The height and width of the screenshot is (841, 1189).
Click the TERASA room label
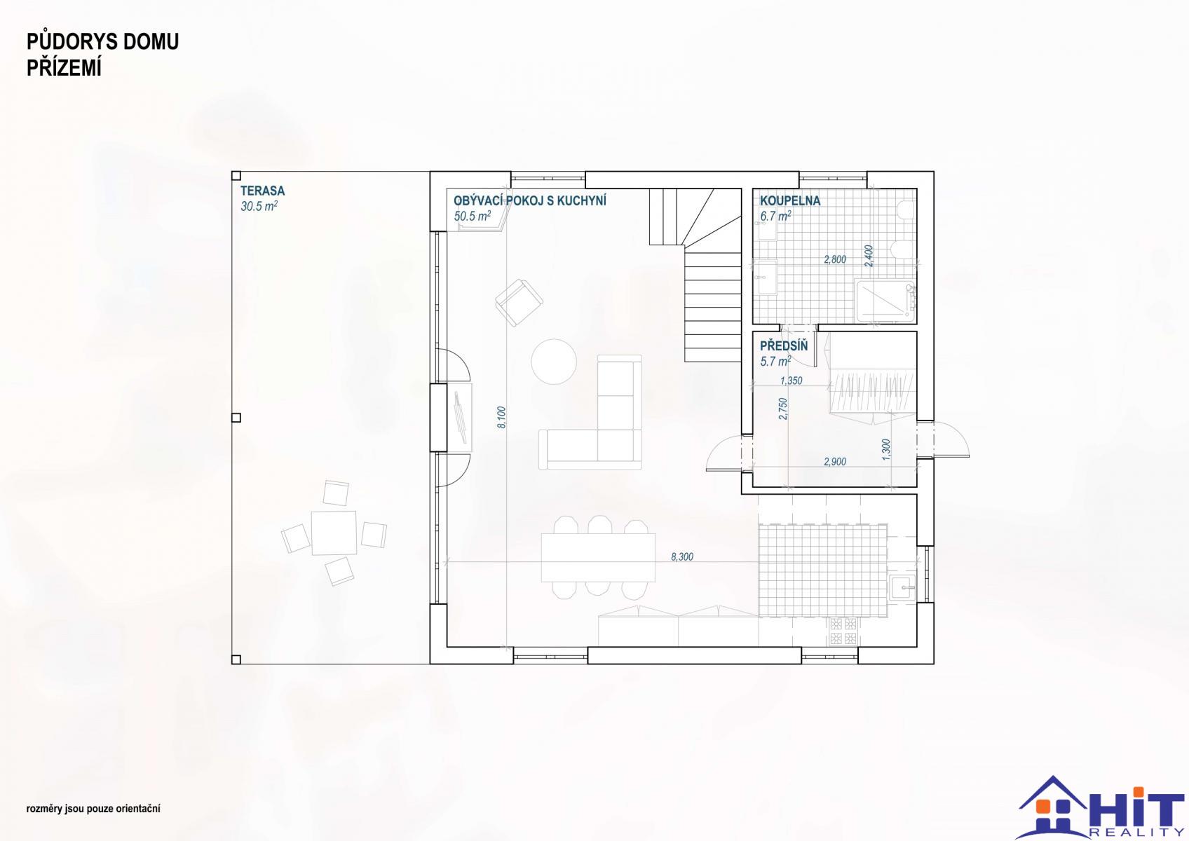262,191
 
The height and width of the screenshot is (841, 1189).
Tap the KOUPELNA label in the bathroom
790,200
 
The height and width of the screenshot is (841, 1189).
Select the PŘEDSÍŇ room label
784,346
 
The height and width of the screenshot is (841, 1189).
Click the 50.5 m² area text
472,216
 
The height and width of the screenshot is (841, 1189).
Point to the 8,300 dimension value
682,556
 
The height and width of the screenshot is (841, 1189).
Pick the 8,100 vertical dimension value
502,417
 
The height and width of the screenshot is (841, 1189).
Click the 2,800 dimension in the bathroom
835,259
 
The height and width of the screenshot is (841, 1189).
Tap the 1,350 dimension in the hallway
791,381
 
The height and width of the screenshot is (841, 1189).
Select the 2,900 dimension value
835,462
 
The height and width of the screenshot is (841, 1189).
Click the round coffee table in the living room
554,362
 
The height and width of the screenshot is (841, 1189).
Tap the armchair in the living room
519,303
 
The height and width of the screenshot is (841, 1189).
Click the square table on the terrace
334,533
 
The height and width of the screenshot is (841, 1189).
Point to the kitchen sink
903,587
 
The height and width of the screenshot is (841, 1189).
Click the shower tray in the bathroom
885,301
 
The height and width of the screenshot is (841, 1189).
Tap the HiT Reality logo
1101,808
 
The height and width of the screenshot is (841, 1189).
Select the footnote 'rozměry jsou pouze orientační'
93,809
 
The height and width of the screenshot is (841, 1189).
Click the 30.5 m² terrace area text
259,206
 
